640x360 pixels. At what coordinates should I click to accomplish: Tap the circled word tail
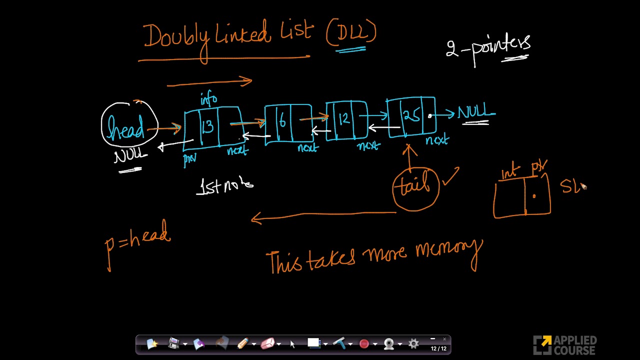pyautogui.click(x=415, y=186)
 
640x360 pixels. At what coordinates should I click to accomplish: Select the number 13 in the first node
pyautogui.click(x=207, y=126)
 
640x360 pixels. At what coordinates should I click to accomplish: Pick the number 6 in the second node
pyautogui.click(x=282, y=121)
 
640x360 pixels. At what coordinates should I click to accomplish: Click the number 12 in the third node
pyautogui.click(x=344, y=119)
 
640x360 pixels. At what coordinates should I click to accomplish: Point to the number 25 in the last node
pyautogui.click(x=411, y=116)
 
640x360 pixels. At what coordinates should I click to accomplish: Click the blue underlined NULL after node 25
pyautogui.click(x=475, y=112)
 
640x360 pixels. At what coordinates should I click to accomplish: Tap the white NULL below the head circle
pyautogui.click(x=130, y=156)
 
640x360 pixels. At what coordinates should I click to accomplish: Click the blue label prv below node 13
pyautogui.click(x=190, y=159)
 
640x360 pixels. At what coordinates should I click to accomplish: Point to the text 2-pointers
pyautogui.click(x=488, y=47)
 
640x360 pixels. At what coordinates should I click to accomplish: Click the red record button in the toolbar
pyautogui.click(x=364, y=343)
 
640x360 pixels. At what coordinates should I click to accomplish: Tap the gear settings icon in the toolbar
pyautogui.click(x=413, y=343)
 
